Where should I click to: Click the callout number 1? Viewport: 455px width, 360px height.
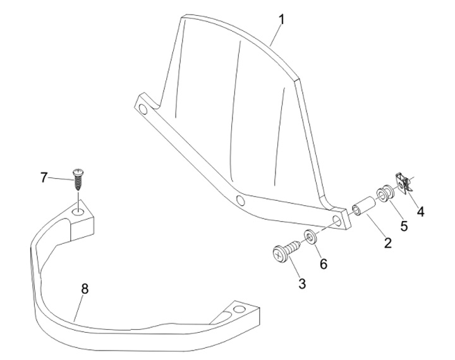[281, 20]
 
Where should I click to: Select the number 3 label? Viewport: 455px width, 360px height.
[302, 284]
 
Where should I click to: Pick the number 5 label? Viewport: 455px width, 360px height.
[403, 225]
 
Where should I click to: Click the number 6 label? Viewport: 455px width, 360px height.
[323, 264]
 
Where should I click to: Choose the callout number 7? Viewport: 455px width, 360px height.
[44, 177]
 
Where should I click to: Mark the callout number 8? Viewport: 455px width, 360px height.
[85, 289]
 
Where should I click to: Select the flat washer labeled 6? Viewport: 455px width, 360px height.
[310, 237]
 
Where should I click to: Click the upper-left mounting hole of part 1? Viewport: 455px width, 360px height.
[144, 110]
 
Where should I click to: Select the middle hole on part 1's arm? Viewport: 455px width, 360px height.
[241, 201]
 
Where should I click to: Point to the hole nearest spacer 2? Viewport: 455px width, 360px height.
[337, 221]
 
